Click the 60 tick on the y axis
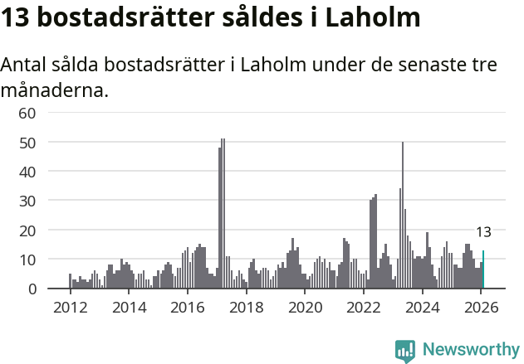[x=27, y=113]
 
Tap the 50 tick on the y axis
[x=27, y=143]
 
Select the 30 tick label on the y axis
[x=27, y=201]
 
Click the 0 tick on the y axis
[x=32, y=289]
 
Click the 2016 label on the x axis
[x=188, y=307]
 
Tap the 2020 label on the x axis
[x=305, y=307]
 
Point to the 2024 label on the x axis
[x=423, y=307]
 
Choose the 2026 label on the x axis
[x=482, y=307]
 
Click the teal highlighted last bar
[x=483, y=270]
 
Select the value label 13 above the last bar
[x=483, y=232]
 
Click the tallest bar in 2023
[x=403, y=216]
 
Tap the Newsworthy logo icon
[x=405, y=351]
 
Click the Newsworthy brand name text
[x=470, y=350]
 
